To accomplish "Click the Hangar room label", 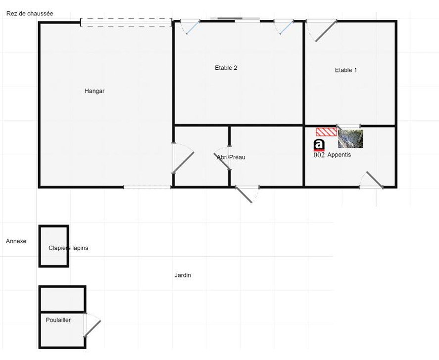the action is (x=95, y=91).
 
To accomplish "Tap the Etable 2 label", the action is (x=226, y=68).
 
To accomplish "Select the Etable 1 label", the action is (x=346, y=70).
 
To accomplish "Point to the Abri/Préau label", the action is (x=231, y=157).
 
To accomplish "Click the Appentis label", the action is (x=339, y=155).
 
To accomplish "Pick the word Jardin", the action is (x=183, y=275).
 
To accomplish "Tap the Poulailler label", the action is (x=58, y=320).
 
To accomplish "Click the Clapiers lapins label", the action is (x=68, y=248).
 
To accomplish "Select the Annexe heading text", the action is (x=16, y=241).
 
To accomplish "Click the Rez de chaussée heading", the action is (x=30, y=14).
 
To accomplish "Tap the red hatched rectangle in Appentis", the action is (x=327, y=132).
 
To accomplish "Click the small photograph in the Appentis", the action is (x=350, y=138).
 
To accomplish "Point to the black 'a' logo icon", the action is (x=319, y=145).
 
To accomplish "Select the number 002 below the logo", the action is (x=319, y=155).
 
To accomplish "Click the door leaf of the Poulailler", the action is (x=93, y=329).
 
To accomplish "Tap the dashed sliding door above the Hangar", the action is (x=126, y=22).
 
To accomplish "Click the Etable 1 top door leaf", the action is (x=326, y=31).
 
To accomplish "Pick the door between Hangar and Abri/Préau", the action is (x=184, y=163).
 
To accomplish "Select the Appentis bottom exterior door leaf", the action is (x=375, y=180).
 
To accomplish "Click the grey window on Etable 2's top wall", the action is (x=235, y=19).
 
